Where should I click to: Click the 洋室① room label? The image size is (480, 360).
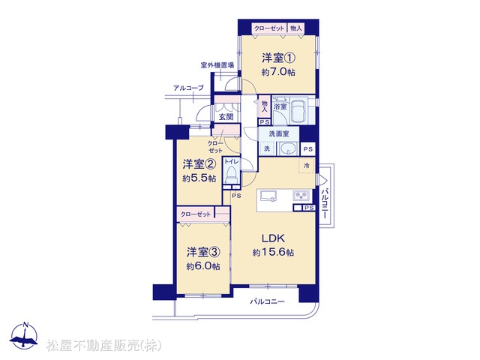click(278, 58)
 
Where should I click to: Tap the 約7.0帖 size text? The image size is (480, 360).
click(278, 72)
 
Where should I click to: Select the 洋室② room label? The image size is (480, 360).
click(199, 164)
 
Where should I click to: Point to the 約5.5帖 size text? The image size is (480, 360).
click(199, 178)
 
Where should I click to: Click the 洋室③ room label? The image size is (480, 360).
click(203, 252)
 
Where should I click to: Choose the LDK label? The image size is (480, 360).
click(273, 238)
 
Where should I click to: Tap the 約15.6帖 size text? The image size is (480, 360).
click(273, 252)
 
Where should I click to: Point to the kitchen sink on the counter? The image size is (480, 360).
click(268, 196)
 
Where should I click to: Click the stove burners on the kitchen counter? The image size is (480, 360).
click(301, 195)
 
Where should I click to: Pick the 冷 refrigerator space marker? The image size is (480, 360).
click(307, 166)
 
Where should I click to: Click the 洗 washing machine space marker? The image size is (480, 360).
click(267, 148)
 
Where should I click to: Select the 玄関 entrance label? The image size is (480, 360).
click(226, 117)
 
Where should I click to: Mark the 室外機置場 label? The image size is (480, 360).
click(217, 65)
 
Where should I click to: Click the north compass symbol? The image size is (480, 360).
click(24, 337)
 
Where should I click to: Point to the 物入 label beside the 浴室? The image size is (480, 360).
click(265, 106)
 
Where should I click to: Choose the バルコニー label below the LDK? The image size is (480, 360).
click(268, 302)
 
